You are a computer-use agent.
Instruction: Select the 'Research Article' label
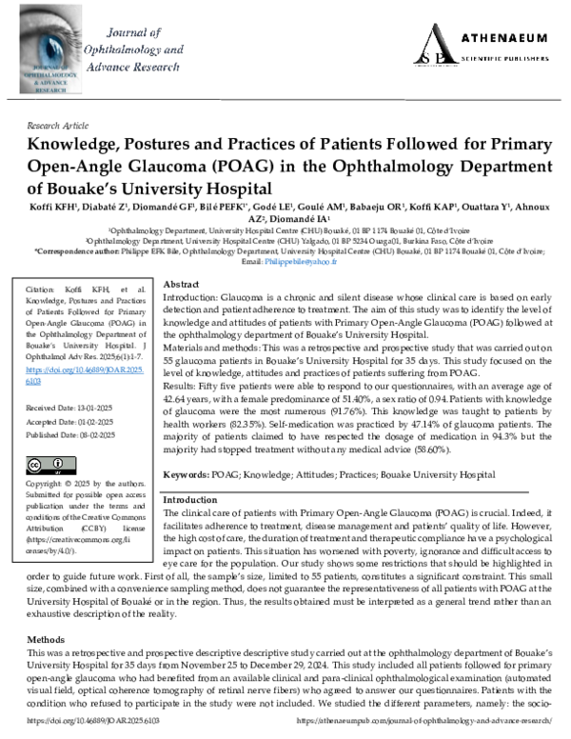pyautogui.click(x=54, y=125)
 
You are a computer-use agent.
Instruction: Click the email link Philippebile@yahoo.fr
pyautogui.click(x=303, y=261)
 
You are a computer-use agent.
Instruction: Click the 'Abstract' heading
pyautogui.click(x=182, y=285)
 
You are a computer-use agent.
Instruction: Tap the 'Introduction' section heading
pyautogui.click(x=190, y=500)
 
